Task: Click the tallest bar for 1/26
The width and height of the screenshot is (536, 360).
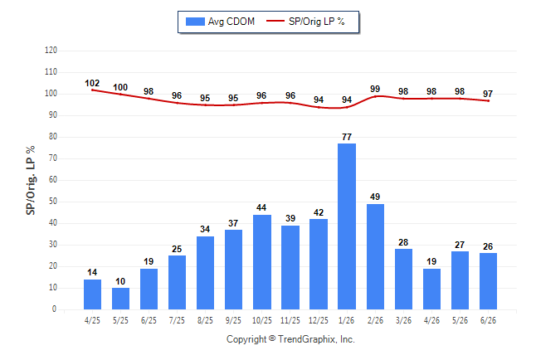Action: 347,226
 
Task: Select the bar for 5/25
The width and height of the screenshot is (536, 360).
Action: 120,299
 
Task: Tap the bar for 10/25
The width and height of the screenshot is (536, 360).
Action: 262,262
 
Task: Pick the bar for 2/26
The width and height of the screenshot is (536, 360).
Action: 375,257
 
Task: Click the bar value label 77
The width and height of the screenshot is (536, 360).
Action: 347,137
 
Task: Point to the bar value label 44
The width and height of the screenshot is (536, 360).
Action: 261,208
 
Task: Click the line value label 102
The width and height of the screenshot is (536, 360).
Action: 92,84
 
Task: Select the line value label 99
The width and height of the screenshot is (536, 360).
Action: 375,89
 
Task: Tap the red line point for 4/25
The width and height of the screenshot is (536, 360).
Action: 92,90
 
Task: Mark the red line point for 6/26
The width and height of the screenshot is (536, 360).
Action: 488,101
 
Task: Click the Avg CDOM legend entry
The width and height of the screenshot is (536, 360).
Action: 220,22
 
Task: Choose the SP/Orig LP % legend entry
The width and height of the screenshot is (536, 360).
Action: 305,22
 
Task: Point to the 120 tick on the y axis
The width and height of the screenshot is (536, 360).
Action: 51,51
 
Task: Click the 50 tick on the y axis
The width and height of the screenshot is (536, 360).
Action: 53,202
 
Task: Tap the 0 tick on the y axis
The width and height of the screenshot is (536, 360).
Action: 55,309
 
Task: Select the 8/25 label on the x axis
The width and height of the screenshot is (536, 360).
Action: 205,320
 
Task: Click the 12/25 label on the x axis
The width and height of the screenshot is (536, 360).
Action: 319,320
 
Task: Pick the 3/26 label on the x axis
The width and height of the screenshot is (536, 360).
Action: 403,320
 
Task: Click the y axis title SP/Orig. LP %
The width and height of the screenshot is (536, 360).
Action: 31,181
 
